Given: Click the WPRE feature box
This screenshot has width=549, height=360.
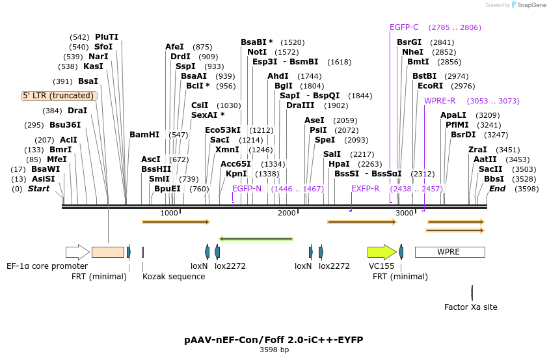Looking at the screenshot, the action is (x=450, y=252).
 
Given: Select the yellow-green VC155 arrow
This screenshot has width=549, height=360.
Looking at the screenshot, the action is (x=382, y=252).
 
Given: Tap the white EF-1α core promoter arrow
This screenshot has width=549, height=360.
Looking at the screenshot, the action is (x=77, y=252).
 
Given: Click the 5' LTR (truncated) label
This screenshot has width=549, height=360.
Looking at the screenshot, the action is (x=59, y=96).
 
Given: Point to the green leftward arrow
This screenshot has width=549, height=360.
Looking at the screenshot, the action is (x=256, y=239).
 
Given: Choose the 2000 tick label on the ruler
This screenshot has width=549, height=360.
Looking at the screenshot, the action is (x=287, y=213).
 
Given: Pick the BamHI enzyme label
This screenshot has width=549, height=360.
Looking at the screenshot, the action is (x=144, y=135).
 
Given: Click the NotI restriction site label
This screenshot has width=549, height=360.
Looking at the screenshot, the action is (x=257, y=52).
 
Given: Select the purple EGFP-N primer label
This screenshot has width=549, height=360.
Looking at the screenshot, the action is (x=247, y=189).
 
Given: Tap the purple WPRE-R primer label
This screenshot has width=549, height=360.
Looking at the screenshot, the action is (x=440, y=101).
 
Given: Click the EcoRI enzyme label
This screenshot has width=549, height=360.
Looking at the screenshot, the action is (x=431, y=86).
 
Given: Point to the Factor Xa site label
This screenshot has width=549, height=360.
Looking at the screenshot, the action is (x=470, y=307).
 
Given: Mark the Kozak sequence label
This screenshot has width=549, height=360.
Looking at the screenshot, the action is (x=174, y=277).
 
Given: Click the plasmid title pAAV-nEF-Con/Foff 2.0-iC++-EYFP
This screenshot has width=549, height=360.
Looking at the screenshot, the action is (x=274, y=340).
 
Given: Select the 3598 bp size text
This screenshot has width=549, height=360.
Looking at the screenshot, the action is (x=274, y=350).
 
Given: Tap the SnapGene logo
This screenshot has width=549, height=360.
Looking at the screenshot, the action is (x=529, y=5).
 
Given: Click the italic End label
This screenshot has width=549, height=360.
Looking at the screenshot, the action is (x=497, y=189).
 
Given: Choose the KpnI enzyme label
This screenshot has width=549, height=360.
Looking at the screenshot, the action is (x=236, y=174).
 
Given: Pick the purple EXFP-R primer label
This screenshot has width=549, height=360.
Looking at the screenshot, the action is (x=365, y=189).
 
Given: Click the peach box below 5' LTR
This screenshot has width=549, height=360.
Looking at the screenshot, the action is (x=108, y=252).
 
